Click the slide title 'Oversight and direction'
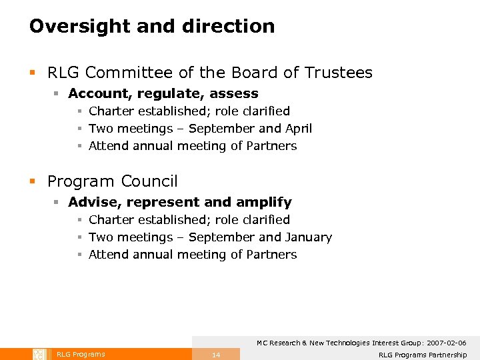click(152, 27)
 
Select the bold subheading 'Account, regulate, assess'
click(163, 94)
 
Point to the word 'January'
click(308, 237)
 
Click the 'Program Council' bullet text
click(113, 181)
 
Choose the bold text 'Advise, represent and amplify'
click(180, 203)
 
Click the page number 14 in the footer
click(216, 355)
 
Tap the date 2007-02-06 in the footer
click(443, 343)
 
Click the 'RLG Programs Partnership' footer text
click(423, 355)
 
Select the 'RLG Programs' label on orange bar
click(81, 355)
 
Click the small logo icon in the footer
click(38, 354)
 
